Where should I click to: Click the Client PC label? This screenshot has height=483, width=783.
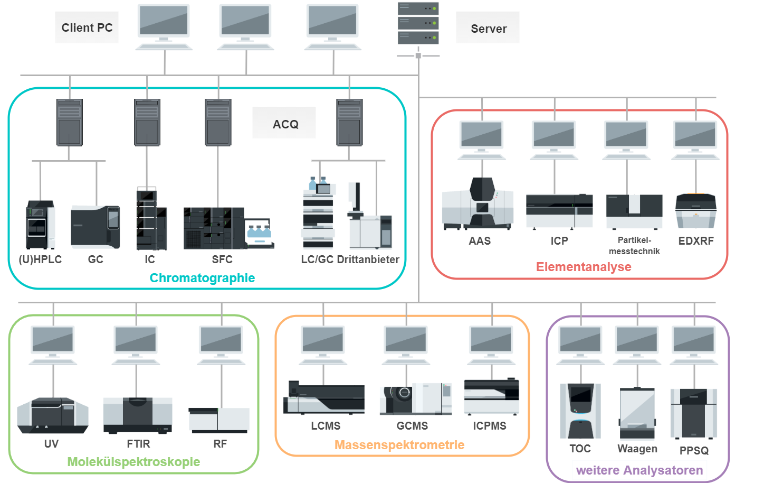(x=87, y=27)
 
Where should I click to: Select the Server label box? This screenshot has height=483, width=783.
(x=488, y=29)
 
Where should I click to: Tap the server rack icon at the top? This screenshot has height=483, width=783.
(x=418, y=23)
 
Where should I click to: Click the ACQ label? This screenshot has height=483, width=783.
(x=285, y=124)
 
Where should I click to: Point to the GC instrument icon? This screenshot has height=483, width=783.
(x=96, y=227)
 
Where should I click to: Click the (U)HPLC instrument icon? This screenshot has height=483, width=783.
(x=40, y=225)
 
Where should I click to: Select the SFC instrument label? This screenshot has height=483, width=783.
(x=222, y=259)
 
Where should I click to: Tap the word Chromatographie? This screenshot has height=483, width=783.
(x=202, y=278)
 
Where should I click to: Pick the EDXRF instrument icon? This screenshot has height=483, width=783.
(x=695, y=211)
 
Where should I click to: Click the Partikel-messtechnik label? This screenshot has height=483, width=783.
(x=634, y=246)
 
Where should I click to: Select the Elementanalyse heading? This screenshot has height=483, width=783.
(x=584, y=267)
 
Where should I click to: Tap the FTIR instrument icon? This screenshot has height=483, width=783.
(x=138, y=415)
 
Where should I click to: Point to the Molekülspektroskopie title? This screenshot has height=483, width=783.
(x=133, y=462)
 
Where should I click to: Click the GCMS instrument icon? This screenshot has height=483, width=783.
(x=416, y=399)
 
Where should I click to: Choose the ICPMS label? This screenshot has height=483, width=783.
(x=490, y=426)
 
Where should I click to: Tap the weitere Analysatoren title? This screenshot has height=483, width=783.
(x=639, y=470)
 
